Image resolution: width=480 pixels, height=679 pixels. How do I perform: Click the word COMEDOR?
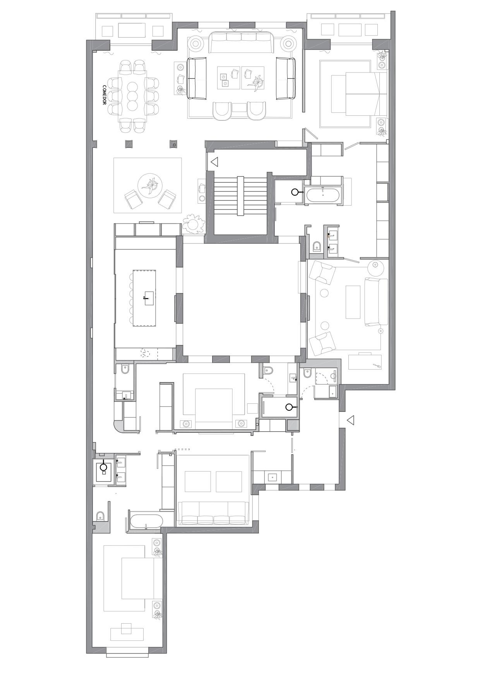(104, 95)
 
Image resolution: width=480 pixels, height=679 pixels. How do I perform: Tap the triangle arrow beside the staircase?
(214, 162)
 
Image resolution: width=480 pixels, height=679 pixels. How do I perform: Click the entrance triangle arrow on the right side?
(350, 420)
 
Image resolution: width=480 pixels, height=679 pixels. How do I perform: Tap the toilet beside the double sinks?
(317, 246)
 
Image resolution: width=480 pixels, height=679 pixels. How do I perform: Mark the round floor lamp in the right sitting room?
(375, 266)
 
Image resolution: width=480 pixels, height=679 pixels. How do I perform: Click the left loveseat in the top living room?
(197, 79)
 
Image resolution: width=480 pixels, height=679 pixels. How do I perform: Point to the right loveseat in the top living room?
(286, 79)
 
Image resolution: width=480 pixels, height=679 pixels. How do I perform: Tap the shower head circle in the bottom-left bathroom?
(103, 467)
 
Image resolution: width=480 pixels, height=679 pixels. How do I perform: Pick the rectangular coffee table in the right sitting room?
(353, 302)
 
